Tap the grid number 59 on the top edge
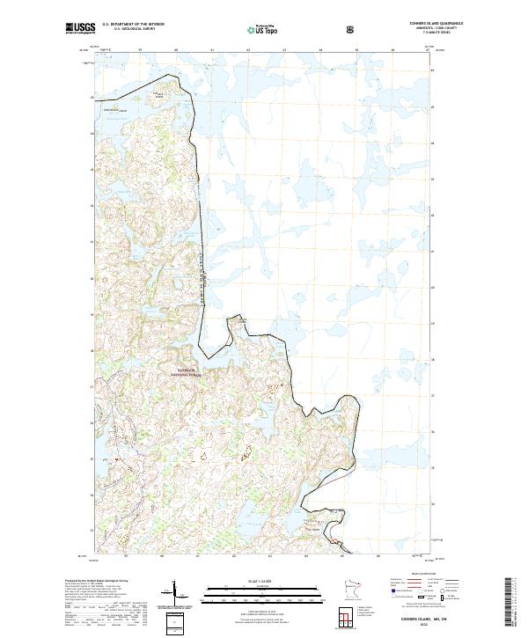pos(140,50)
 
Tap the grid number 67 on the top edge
pos(428,50)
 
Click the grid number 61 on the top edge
pos(212,50)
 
